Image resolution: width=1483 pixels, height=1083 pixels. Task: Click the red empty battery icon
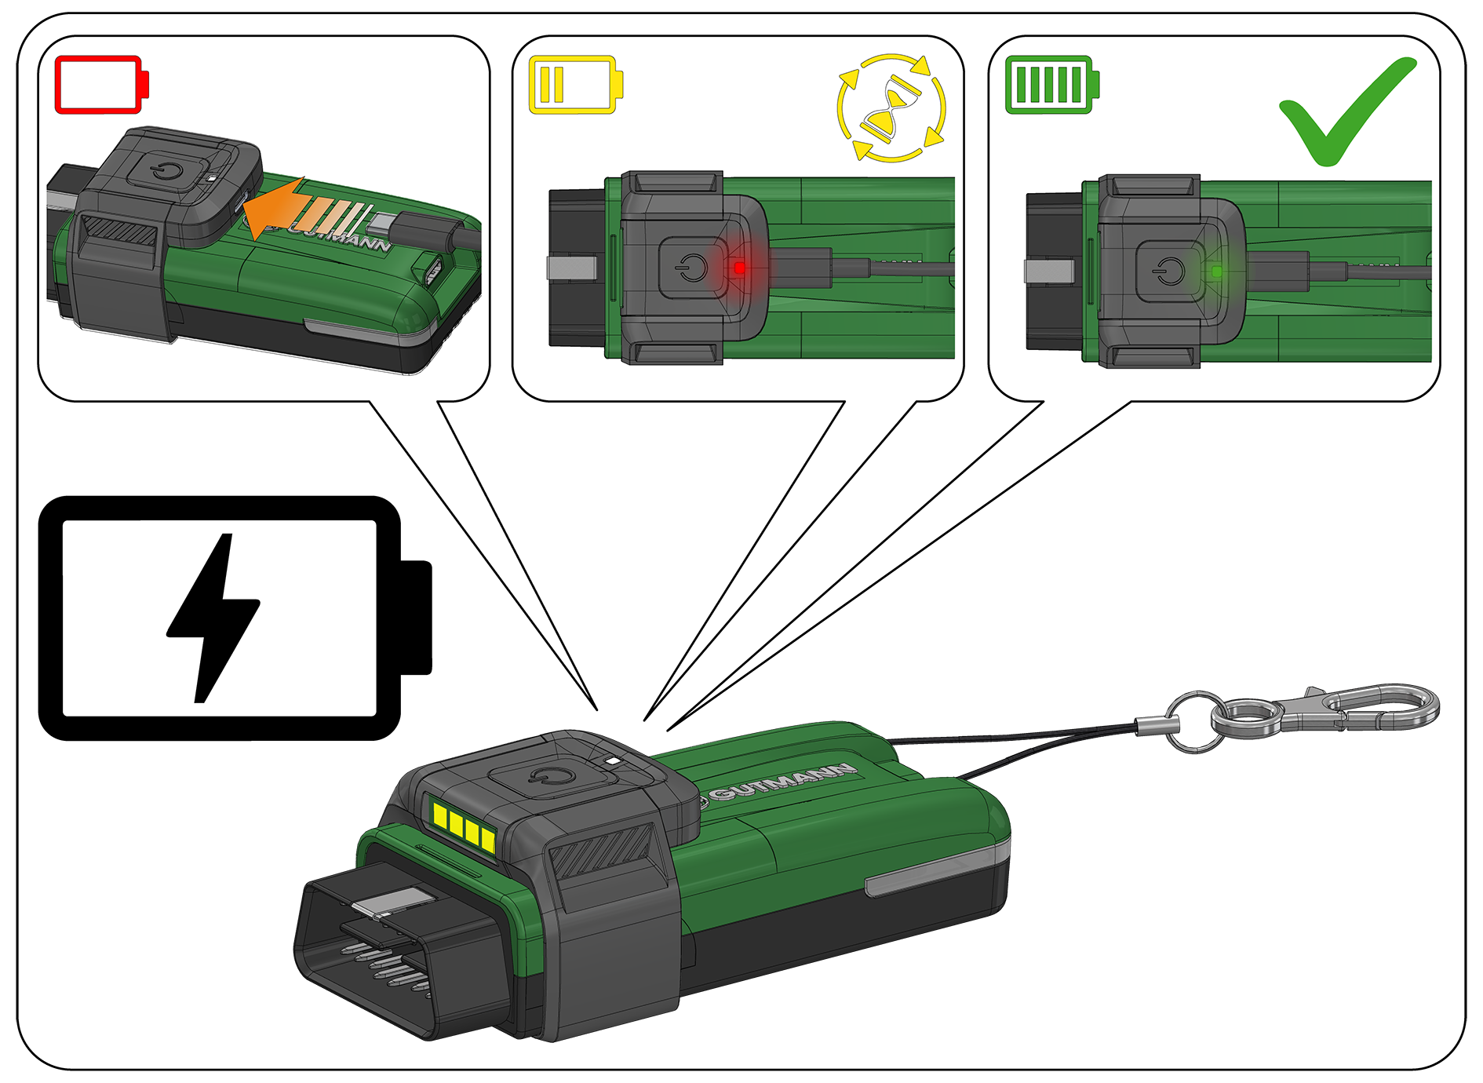pyautogui.click(x=102, y=84)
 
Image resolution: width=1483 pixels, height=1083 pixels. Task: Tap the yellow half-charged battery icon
pyautogui.click(x=576, y=84)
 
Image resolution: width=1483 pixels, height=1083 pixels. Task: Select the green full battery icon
pyautogui.click(x=1052, y=84)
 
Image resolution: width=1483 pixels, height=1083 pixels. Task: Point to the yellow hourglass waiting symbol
pyautogui.click(x=891, y=108)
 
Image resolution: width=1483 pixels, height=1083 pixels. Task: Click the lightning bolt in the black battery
pyautogui.click(x=213, y=618)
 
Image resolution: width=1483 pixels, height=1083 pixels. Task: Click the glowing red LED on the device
pyautogui.click(x=739, y=268)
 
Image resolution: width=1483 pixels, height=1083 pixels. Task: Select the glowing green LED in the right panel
pyautogui.click(x=1216, y=272)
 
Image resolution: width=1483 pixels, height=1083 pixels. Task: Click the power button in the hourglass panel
pyautogui.click(x=690, y=268)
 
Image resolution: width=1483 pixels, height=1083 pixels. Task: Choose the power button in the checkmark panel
pyautogui.click(x=1169, y=272)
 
